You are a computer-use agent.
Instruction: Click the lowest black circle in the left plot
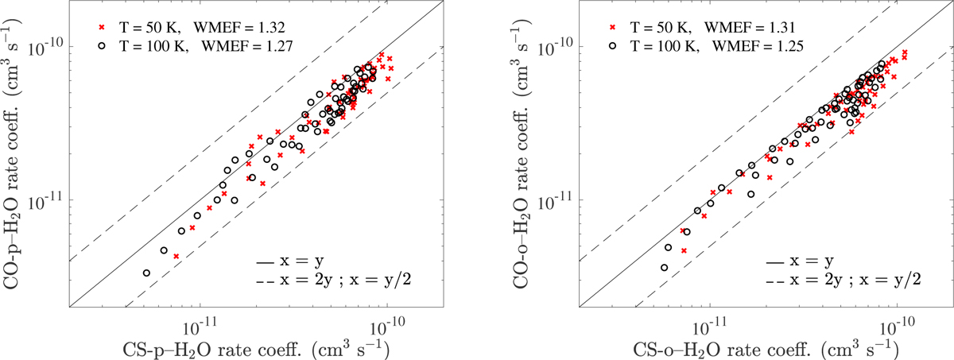tap(146, 273)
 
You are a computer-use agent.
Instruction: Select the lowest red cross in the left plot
tap(176, 257)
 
